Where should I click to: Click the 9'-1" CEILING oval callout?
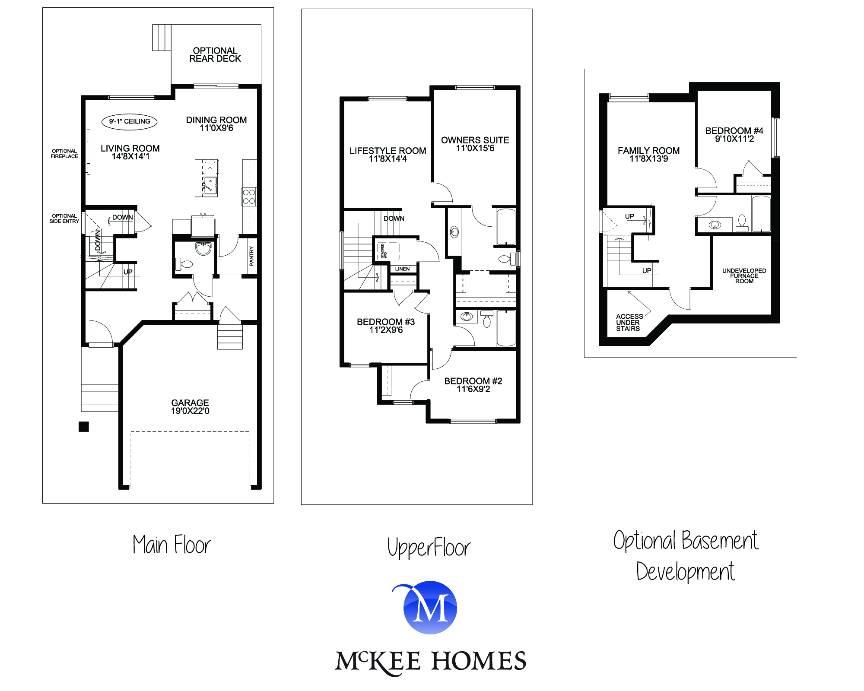[129, 122]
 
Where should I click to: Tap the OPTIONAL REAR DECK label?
[215, 55]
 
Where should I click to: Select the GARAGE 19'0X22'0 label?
[190, 407]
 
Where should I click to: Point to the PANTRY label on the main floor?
[251, 256]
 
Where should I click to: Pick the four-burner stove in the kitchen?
[249, 197]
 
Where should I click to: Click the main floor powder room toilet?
[184, 263]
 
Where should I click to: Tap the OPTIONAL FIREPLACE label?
[64, 154]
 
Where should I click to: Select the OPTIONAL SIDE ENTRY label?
[64, 219]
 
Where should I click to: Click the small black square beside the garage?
[84, 427]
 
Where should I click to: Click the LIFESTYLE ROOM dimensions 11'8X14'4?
[388, 159]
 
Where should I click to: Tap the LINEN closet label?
[402, 269]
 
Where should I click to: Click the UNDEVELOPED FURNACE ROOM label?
[744, 276]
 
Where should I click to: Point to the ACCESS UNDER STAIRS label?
[629, 323]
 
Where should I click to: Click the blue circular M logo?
[430, 608]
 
